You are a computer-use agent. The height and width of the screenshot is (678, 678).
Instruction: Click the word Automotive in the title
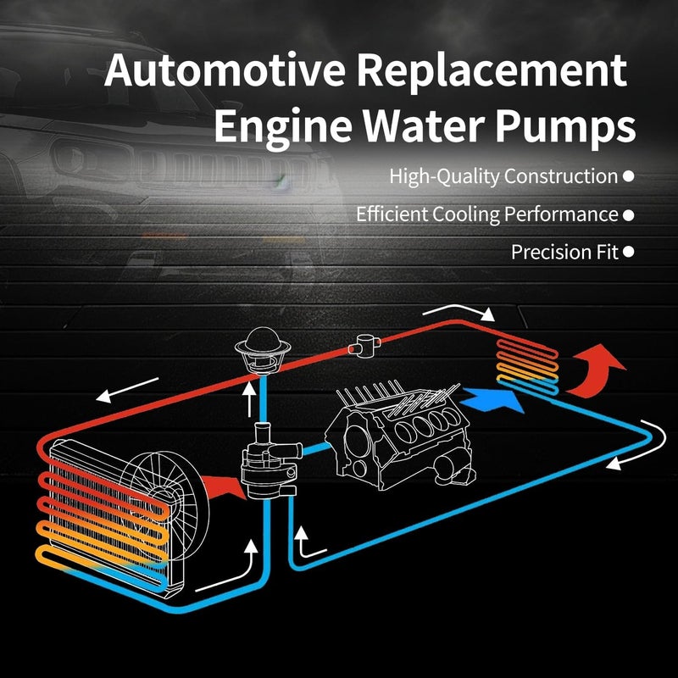(225, 69)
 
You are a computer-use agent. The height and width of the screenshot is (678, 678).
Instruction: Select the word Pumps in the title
(565, 125)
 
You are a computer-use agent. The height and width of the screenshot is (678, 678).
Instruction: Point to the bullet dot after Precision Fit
(629, 252)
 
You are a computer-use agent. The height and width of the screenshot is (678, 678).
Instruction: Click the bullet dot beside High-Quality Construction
(629, 176)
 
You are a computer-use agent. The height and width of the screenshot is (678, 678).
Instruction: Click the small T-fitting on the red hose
(364, 346)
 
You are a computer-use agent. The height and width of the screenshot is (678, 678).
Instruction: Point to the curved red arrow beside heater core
(595, 372)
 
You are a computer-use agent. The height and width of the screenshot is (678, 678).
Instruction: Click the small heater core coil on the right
(527, 367)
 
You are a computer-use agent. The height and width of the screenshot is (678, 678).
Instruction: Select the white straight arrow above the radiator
(127, 390)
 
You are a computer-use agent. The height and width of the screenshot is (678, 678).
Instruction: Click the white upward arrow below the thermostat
(249, 400)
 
